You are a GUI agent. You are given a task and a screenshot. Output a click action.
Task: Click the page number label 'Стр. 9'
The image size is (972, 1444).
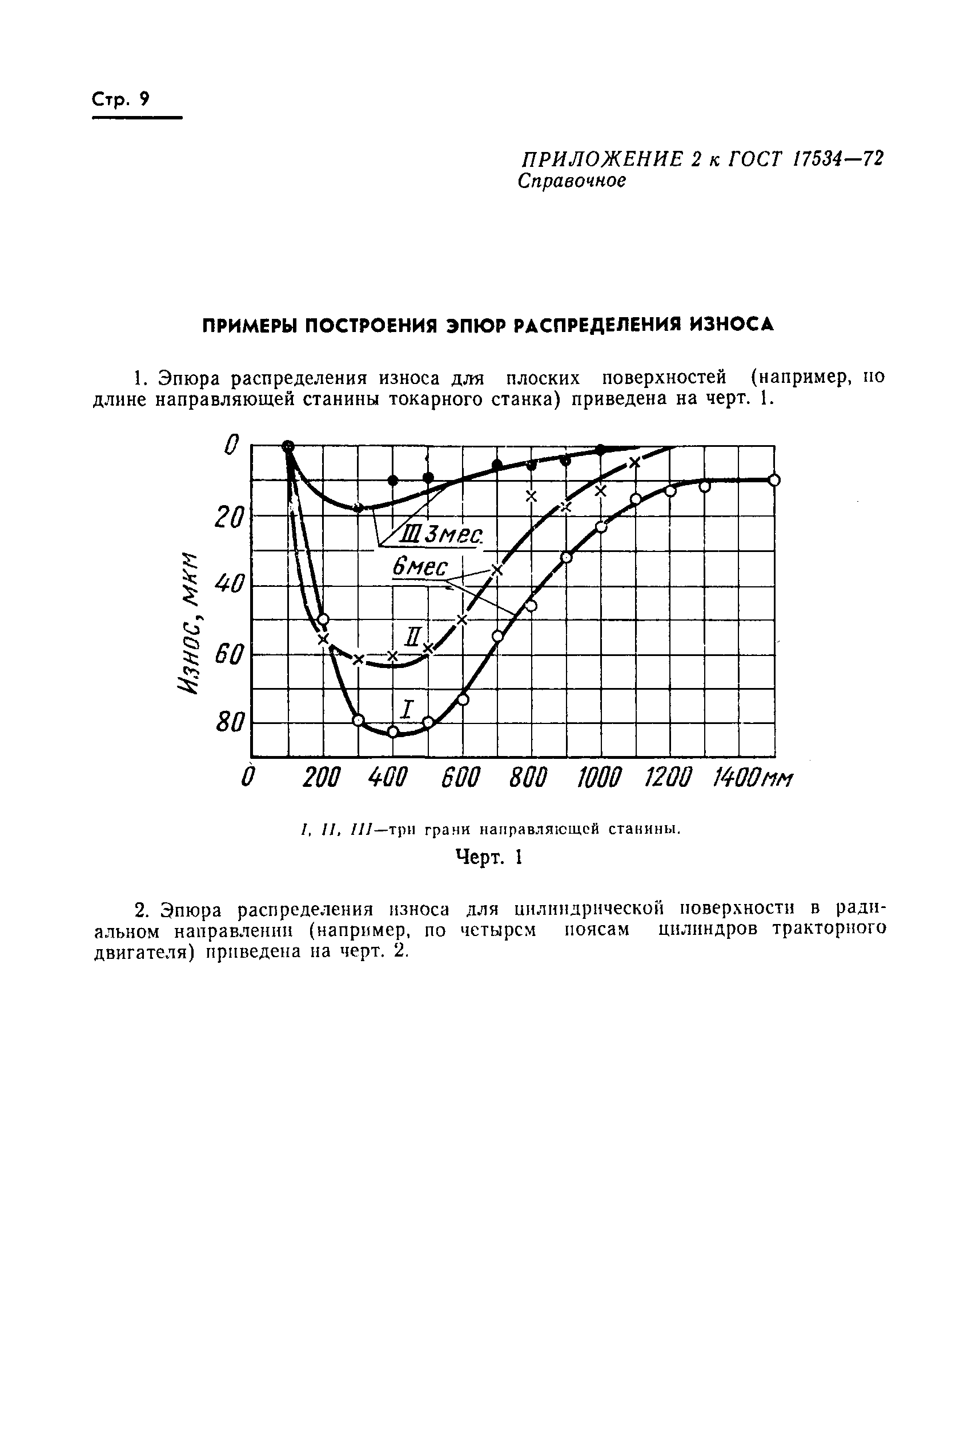point(121,100)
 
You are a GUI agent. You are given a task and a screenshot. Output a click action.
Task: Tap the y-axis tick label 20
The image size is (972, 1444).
point(227,516)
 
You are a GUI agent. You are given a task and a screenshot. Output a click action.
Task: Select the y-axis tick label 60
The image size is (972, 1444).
point(227,654)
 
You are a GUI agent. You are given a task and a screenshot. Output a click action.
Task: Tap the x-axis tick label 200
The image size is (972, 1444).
point(321,777)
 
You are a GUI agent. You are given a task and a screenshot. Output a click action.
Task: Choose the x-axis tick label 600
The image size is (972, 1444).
point(460,777)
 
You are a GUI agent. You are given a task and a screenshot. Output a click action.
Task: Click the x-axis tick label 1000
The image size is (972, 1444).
point(598,777)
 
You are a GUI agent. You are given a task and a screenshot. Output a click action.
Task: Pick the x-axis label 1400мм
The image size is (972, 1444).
point(753,777)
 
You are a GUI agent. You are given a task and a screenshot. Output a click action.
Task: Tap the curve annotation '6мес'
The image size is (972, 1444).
point(420,566)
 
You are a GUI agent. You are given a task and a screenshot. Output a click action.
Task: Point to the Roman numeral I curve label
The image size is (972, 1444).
point(407,709)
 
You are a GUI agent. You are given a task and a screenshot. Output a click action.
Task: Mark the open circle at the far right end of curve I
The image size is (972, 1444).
point(774,479)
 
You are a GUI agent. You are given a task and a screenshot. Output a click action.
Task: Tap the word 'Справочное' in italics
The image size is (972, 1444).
point(572,181)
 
